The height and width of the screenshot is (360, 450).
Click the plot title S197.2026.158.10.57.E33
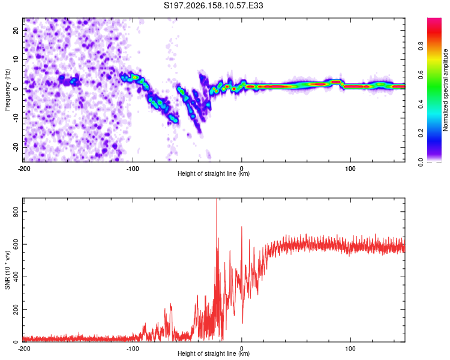tap(213, 5)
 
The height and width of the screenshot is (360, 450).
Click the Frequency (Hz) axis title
tap(7, 90)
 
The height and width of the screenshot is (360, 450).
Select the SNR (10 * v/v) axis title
tap(7, 270)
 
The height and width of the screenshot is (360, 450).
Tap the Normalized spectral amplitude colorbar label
tap(445, 90)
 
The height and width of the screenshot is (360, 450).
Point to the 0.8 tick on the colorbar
tap(421, 46)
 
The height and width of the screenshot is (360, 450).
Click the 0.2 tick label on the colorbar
tap(421, 133)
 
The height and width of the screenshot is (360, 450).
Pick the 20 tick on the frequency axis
tap(16, 30)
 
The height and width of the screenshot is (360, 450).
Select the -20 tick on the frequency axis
tap(16, 147)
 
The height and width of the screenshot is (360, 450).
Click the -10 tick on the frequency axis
tap(16, 118)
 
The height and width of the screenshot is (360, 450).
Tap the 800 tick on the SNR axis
tap(16, 212)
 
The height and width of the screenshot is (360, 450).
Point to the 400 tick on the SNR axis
tap(16, 277)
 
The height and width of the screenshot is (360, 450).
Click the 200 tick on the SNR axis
tap(16, 310)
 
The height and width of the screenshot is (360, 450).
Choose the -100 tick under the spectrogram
tap(133, 169)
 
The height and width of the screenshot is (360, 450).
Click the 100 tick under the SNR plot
tap(350, 349)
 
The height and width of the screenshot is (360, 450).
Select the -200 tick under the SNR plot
tap(24, 349)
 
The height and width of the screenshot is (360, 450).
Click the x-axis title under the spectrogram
tap(214, 173)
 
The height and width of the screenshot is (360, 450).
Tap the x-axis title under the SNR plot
tap(214, 353)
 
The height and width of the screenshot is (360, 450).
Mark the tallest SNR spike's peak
tap(217, 199)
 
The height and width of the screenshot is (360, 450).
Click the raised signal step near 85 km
tap(335, 82)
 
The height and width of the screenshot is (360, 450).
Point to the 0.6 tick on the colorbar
tap(421, 75)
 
